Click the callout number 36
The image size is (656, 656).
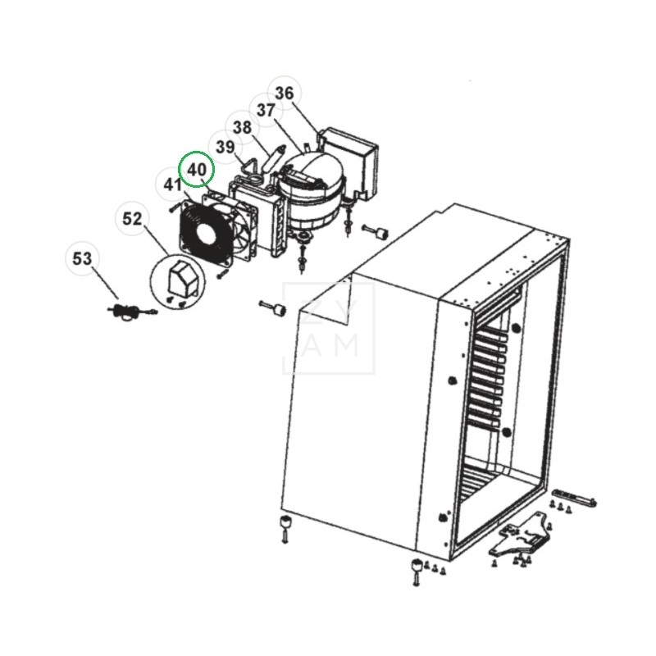coord(284,93)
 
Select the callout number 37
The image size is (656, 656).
coord(265,110)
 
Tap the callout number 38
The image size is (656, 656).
coord(242,127)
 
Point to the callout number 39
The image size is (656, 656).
coord(225,145)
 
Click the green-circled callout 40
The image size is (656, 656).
coord(197,169)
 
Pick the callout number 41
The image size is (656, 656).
coord(171,184)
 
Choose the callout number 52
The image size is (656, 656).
coord(132,219)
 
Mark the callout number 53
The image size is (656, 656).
coord(82,259)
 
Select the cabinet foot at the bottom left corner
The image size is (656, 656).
coord(284,525)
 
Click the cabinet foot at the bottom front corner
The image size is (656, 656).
coord(417,567)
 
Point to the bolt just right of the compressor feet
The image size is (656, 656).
coord(378,231)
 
